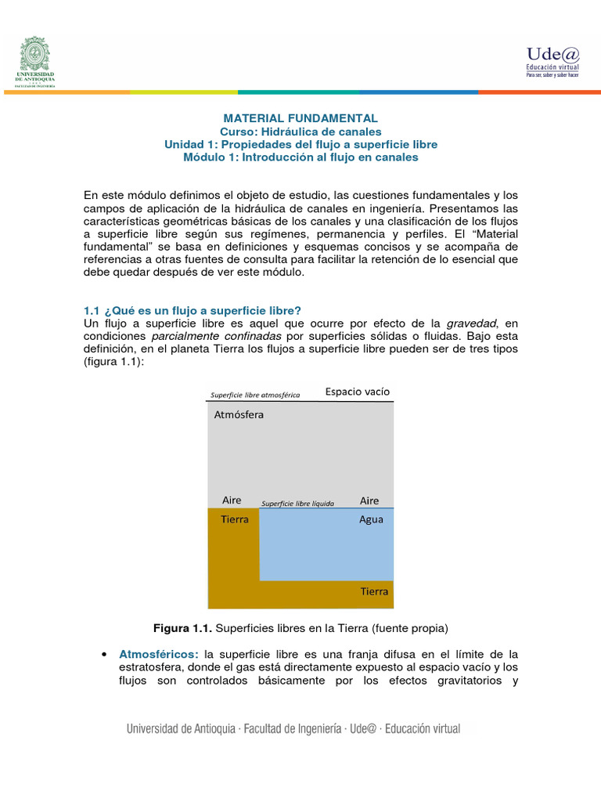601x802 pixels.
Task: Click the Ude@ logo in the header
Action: pos(552,60)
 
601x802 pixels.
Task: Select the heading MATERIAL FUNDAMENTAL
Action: pos(301,117)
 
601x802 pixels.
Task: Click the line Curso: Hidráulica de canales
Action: pos(300,131)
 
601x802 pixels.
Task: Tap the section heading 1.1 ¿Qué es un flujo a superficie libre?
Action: pos(193,310)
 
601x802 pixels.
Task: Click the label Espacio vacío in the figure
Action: pos(358,391)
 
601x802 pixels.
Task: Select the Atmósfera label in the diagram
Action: pos(239,415)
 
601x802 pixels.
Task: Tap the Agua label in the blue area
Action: pos(371,519)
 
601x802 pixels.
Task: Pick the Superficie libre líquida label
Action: pos(297,504)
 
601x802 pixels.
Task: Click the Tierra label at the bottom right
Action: pos(374,591)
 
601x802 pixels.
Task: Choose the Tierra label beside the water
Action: pos(235,519)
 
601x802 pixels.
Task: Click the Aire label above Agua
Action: pos(369,500)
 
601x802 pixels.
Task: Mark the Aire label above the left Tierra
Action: pos(232,500)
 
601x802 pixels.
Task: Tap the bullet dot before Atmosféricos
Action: pos(103,654)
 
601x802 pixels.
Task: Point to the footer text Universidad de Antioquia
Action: pos(181,728)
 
